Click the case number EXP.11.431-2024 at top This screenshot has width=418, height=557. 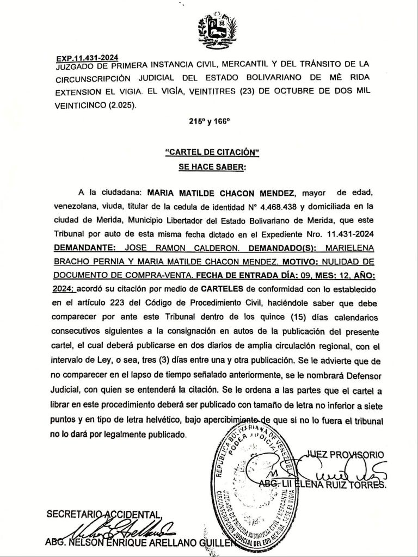pyautogui.click(x=87, y=58)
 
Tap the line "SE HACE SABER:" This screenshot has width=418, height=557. pyautogui.click(x=212, y=168)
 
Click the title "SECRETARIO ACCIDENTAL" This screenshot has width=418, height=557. pyautogui.click(x=103, y=513)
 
